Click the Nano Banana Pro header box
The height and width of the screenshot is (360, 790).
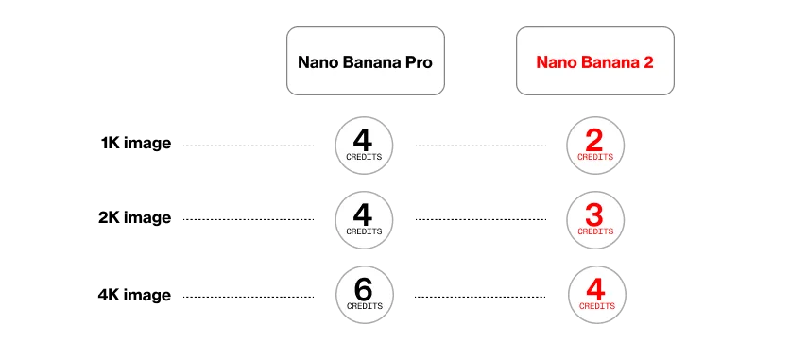[366, 60]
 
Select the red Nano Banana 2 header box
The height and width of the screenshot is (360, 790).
[595, 60]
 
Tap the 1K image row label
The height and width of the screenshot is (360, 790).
[136, 144]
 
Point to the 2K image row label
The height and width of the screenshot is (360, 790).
[134, 218]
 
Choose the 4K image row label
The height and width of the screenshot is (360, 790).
[134, 295]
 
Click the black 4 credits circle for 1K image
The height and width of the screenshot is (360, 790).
[364, 146]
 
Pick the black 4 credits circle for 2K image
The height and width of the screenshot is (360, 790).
[364, 220]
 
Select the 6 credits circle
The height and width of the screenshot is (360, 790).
[364, 295]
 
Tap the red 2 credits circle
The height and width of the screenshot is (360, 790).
[595, 146]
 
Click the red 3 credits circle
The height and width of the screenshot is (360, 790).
[595, 220]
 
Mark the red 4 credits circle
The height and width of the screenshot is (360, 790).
[597, 295]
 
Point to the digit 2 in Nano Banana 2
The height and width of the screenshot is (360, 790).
[647, 62]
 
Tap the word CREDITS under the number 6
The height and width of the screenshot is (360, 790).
[364, 306]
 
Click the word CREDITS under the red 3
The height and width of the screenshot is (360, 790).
[595, 231]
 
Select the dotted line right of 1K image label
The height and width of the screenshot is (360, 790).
[249, 146]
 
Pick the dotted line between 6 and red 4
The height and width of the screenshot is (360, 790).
[480, 297]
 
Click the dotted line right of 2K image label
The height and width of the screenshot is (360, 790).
[249, 219]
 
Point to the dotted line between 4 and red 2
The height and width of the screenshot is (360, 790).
[481, 146]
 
